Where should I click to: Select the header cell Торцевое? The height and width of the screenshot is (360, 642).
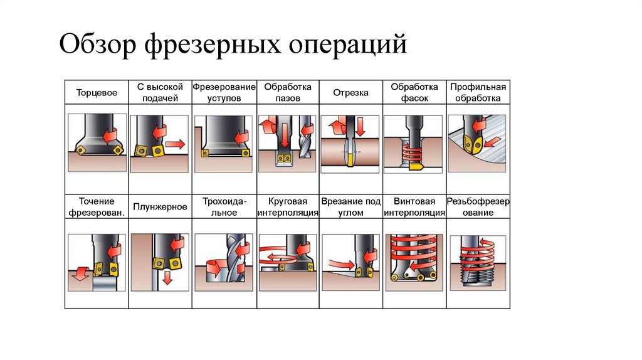pyautogui.click(x=97, y=93)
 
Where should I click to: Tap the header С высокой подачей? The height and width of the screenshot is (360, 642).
pyautogui.click(x=160, y=92)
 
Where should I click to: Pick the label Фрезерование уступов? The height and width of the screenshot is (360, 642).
pyautogui.click(x=224, y=92)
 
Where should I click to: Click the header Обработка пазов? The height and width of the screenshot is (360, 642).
pyautogui.click(x=288, y=92)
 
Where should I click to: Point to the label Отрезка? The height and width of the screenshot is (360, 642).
pyautogui.click(x=350, y=93)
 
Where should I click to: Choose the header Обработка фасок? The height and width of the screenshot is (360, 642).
pyautogui.click(x=414, y=92)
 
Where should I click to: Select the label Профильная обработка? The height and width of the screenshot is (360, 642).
pyautogui.click(x=478, y=92)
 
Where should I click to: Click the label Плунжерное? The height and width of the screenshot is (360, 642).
pyautogui.click(x=160, y=206)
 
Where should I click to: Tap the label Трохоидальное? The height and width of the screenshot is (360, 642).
pyautogui.click(x=224, y=207)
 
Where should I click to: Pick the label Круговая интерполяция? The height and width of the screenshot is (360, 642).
pyautogui.click(x=288, y=207)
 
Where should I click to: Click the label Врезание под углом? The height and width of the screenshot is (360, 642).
pyautogui.click(x=350, y=207)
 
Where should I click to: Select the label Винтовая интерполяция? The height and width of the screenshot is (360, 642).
pyautogui.click(x=414, y=207)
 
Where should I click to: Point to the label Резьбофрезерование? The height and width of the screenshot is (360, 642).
pyautogui.click(x=478, y=207)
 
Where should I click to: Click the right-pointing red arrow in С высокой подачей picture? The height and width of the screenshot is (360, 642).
pyautogui.click(x=176, y=145)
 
